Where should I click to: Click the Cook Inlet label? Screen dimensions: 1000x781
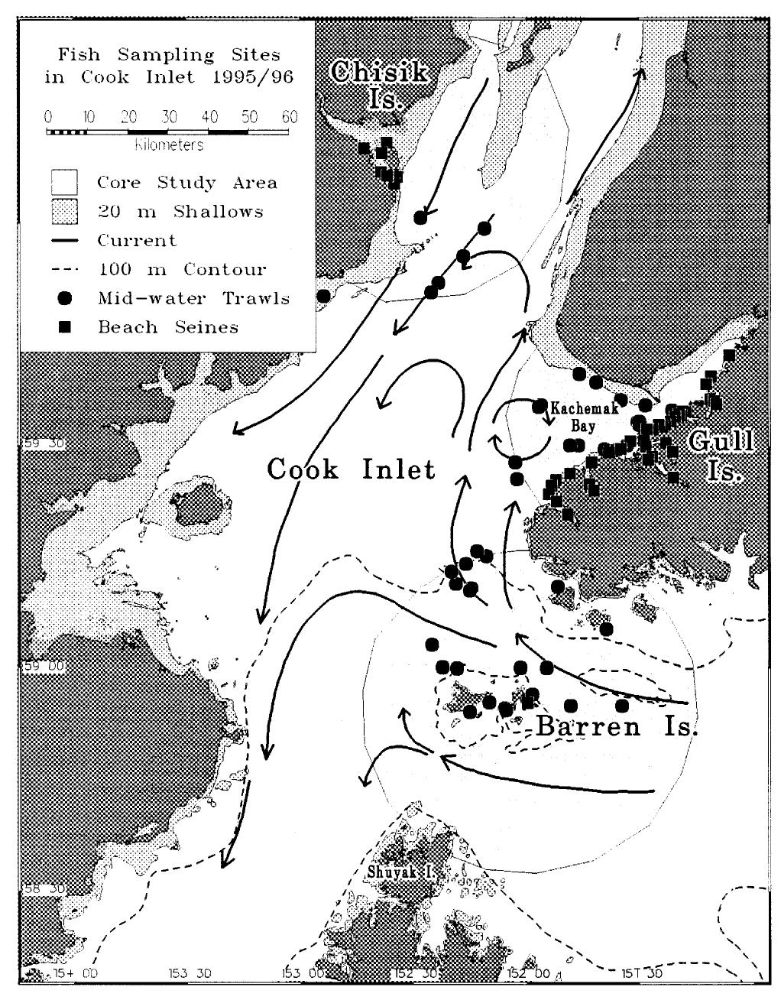coord(351,467)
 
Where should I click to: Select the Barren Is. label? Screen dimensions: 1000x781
coord(617,726)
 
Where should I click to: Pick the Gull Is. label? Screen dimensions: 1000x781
coord(721,455)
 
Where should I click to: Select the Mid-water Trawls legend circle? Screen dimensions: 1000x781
coord(65,298)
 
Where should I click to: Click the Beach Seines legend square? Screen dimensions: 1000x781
coord(65,327)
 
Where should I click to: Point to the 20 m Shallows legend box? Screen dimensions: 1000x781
coord(65,212)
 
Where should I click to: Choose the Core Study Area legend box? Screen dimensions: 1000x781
coord(65,183)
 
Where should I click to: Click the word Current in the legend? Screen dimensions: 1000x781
coord(137,240)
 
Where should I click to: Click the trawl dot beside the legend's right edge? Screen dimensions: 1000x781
coord(323,295)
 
